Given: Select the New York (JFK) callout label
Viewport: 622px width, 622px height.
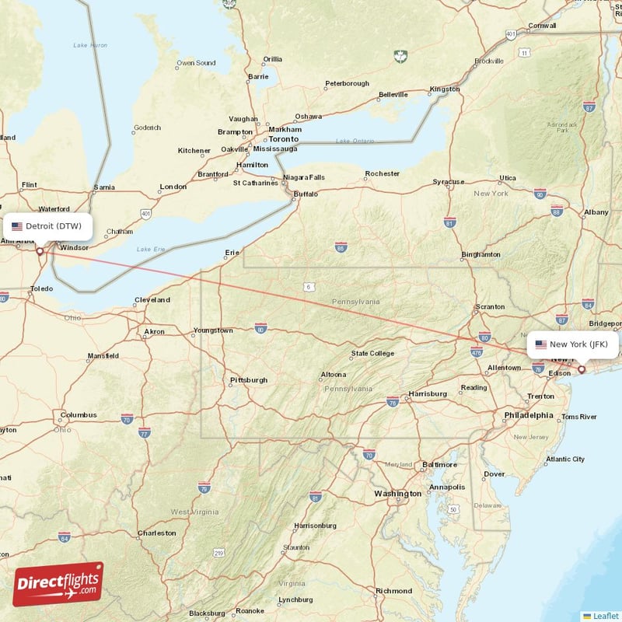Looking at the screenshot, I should pos(574,344).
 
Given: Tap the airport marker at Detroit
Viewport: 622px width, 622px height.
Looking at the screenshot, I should pos(40,251).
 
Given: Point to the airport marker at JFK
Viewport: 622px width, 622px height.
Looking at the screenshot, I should pos(581,369).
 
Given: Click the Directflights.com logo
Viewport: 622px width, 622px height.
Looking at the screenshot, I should pos(58,585).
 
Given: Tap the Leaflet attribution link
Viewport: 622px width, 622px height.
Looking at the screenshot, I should pos(605,615).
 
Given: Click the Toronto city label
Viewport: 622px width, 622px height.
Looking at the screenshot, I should pos(283,138).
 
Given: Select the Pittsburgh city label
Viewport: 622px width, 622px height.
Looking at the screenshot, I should pos(249,380).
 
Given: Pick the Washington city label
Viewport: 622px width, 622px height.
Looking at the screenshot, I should pos(397,494).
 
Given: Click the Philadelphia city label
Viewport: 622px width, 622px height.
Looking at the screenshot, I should pos(529,415).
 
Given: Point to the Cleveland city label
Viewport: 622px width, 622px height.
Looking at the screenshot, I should pos(152,299).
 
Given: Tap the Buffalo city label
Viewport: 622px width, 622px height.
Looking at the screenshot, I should pos(306,194).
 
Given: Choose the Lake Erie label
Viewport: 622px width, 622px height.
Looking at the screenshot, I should pos(151,249).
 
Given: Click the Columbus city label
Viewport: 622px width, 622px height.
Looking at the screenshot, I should pos(79,414).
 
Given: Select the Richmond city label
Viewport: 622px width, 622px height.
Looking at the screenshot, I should pos(393,591).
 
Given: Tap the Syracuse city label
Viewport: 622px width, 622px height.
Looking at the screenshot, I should pos(448,182).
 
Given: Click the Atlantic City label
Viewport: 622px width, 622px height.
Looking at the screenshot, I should pos(564,459).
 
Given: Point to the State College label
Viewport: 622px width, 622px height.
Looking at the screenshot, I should pos(372,353).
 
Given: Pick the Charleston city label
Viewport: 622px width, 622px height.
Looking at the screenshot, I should pos(156,533).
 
